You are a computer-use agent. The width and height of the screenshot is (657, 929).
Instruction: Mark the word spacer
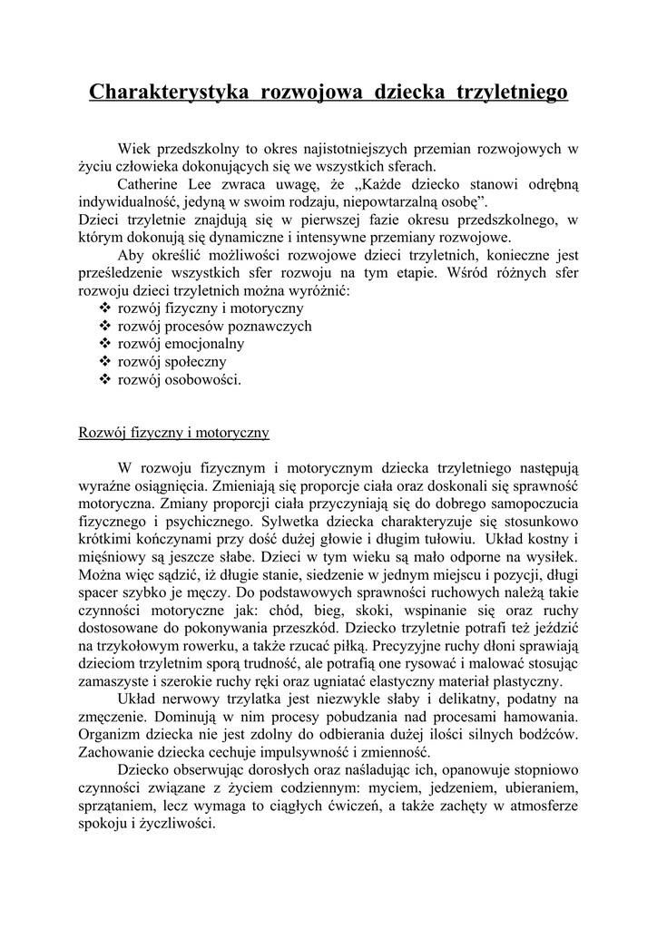(x=102, y=592)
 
